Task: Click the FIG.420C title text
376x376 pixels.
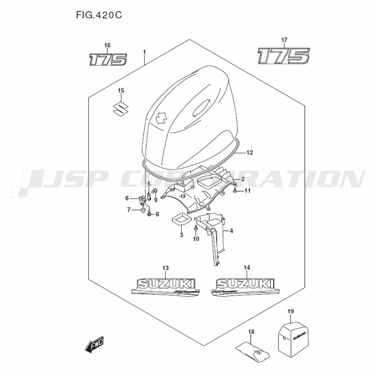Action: coord(100,15)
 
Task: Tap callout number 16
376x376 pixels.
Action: coord(108,45)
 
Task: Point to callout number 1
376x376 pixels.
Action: coord(144,51)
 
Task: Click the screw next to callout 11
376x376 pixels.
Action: coord(235,191)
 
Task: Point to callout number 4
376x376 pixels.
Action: coord(231,231)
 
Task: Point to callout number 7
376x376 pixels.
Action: coord(129,209)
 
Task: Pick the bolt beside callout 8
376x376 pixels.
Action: coord(150,214)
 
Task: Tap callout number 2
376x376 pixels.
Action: coord(243,179)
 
